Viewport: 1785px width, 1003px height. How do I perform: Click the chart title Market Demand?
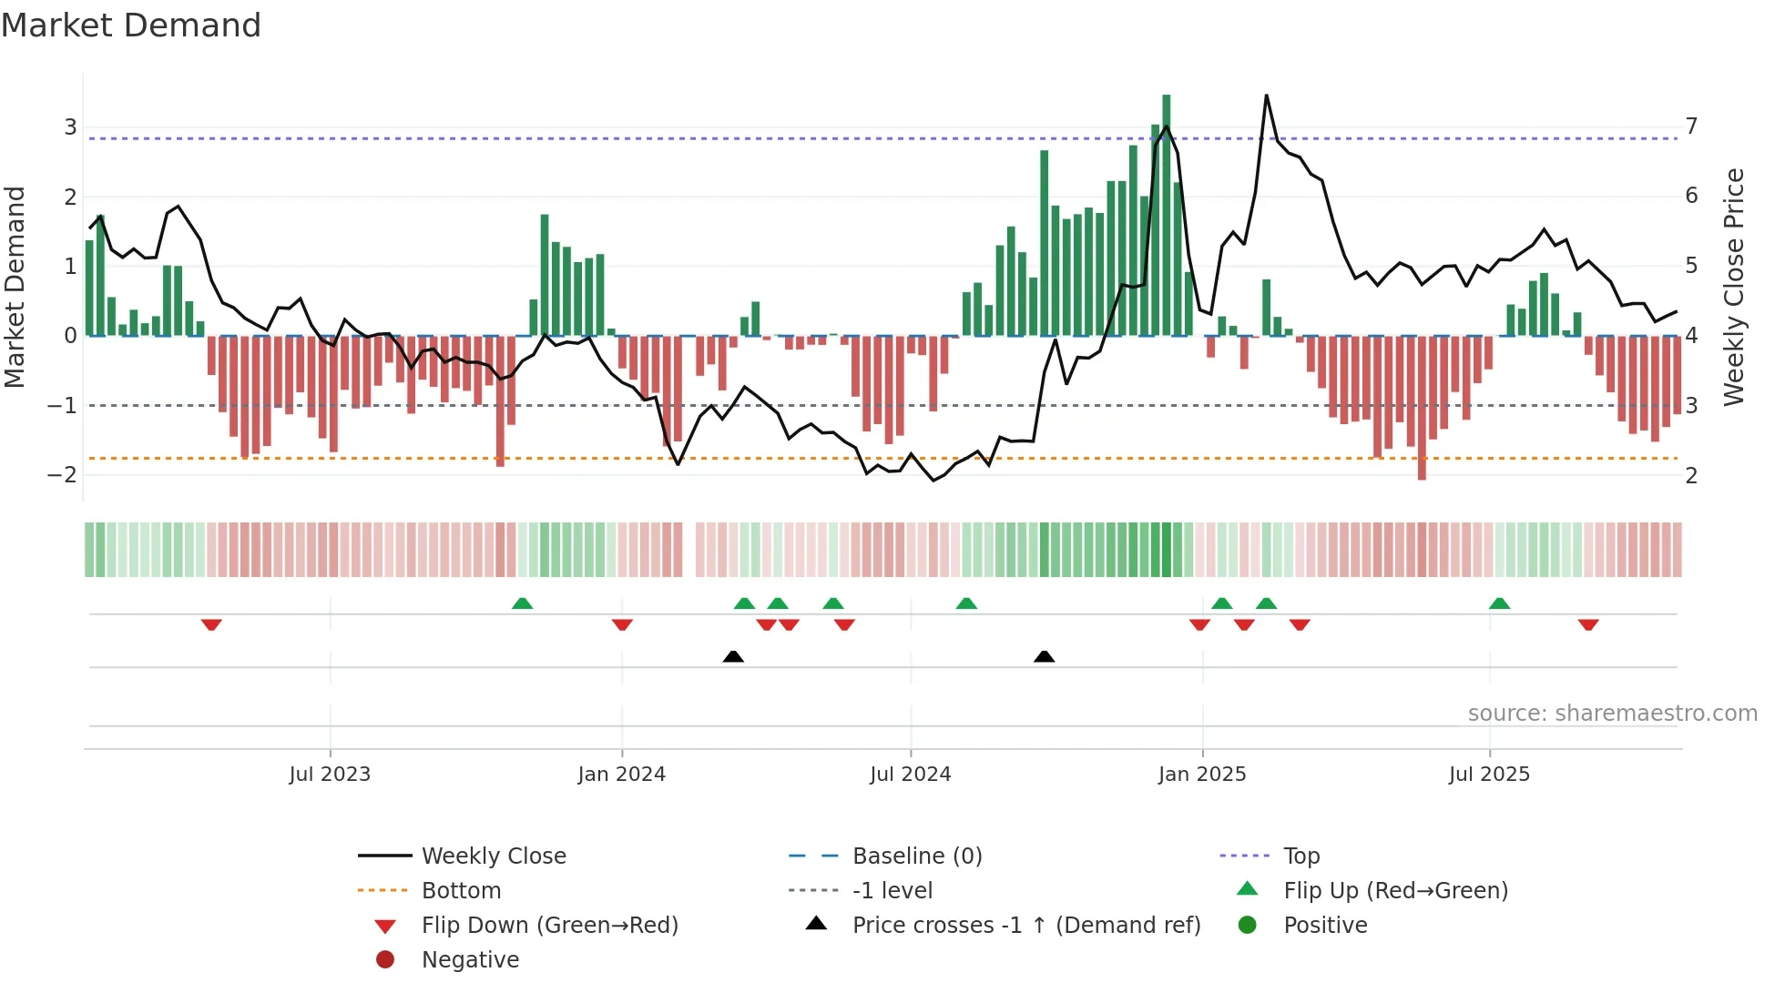(x=131, y=25)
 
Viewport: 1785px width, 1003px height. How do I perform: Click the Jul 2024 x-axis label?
(x=910, y=775)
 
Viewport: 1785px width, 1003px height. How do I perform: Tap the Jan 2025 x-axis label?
(x=1202, y=775)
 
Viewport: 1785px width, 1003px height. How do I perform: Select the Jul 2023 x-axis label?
(x=330, y=775)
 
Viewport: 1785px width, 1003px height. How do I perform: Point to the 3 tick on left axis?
(x=70, y=127)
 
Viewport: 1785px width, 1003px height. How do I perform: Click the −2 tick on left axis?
(x=64, y=475)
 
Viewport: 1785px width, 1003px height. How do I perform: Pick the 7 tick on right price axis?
(x=1691, y=126)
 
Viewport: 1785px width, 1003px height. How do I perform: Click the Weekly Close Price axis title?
(x=1734, y=287)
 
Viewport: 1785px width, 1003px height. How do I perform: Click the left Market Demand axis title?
(x=15, y=287)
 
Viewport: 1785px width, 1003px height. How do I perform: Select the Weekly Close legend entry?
(x=493, y=856)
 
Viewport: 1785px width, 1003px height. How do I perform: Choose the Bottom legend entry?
(x=461, y=891)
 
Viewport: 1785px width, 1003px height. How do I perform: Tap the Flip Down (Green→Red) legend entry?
(x=549, y=926)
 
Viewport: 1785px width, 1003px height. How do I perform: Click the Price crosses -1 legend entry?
(x=1025, y=926)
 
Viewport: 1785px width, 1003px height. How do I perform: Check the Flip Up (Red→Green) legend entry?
(x=1395, y=891)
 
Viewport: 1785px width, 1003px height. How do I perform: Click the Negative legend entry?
(x=470, y=960)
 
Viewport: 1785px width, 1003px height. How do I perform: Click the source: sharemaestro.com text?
(x=1612, y=714)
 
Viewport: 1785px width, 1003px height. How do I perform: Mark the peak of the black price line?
(x=1266, y=96)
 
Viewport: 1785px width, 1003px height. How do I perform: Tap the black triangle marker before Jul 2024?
(x=733, y=656)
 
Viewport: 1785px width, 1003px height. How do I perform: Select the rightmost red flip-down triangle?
(x=1588, y=624)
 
